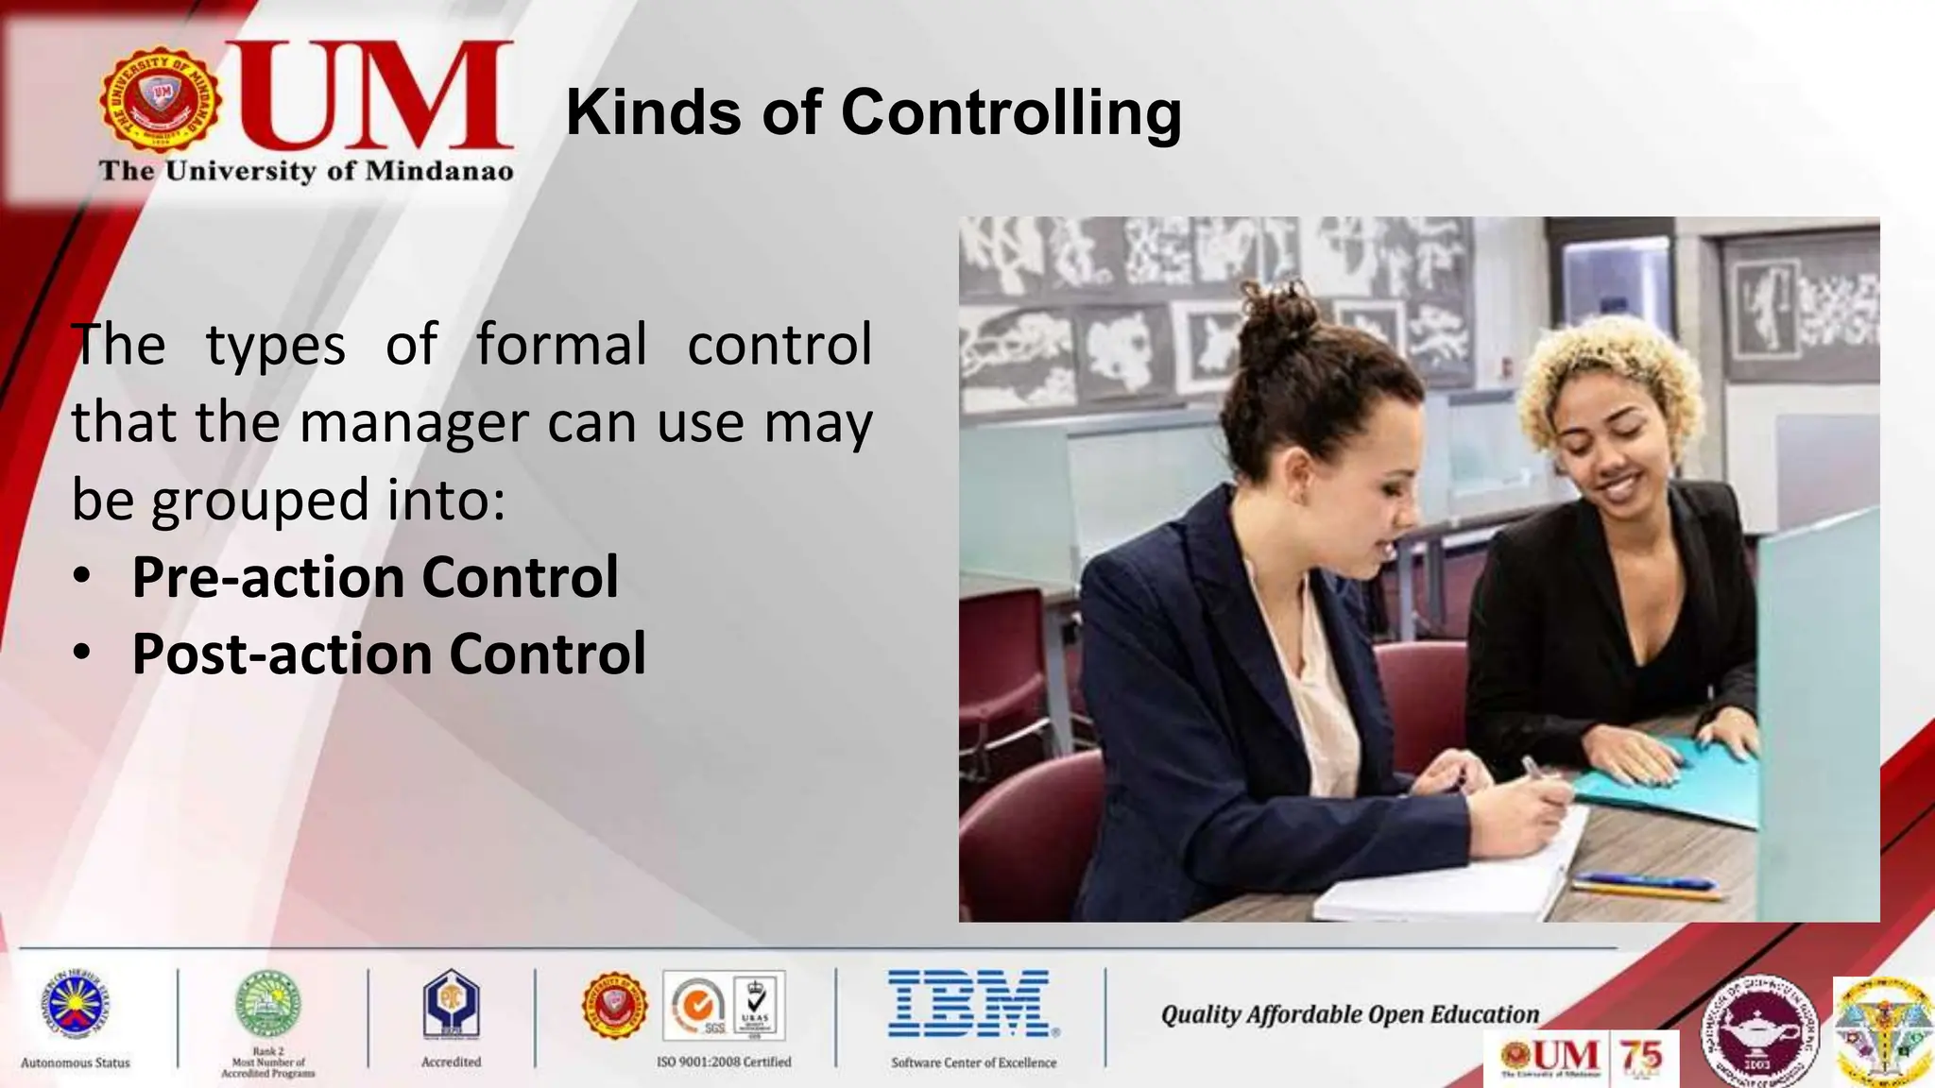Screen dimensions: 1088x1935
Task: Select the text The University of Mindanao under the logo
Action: point(306,171)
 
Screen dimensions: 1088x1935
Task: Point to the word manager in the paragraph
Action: point(413,423)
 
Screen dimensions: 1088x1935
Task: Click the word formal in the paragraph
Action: point(561,344)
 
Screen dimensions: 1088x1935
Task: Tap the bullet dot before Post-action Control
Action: point(83,652)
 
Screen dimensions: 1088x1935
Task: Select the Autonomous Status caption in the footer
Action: point(76,1062)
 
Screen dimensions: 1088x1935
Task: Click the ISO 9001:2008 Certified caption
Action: point(724,1062)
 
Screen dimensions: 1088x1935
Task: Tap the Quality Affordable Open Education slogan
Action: point(1349,1014)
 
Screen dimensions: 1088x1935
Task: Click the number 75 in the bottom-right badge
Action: point(1641,1056)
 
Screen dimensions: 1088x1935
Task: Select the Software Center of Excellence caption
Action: point(973,1062)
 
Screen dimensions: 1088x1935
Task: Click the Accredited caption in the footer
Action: point(451,1062)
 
